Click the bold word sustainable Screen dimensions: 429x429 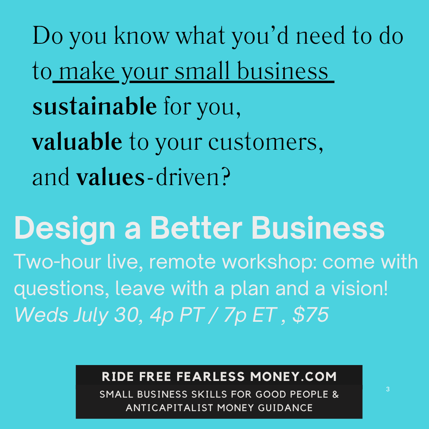tap(95, 106)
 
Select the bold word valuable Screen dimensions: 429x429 tap(77, 141)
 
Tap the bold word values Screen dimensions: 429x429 tap(110, 177)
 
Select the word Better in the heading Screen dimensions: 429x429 tap(197, 228)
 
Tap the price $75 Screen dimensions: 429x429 tap(311, 315)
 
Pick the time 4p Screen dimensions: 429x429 tap(162, 316)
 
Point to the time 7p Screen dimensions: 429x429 tap(235, 316)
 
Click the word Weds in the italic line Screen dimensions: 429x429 tap(41, 315)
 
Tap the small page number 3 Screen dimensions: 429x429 tap(388, 389)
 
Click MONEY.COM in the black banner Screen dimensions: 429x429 tap(293, 377)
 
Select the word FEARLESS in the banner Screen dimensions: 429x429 tap(211, 377)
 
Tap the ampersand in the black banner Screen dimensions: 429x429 tap(335, 394)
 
